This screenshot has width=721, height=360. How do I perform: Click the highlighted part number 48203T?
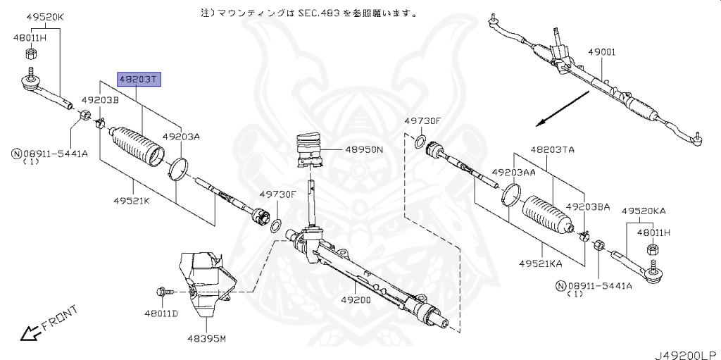139,79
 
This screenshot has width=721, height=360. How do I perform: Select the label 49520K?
44,16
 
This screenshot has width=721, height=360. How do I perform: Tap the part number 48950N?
364,149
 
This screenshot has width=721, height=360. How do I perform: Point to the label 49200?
356,299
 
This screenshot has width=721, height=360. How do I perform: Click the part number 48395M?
206,339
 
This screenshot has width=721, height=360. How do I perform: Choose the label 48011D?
161,313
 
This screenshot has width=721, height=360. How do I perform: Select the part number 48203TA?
552,149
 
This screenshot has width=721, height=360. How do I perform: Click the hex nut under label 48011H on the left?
31,54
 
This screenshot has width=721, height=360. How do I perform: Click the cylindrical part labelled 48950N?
311,150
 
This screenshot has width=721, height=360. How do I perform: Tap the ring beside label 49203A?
180,168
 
